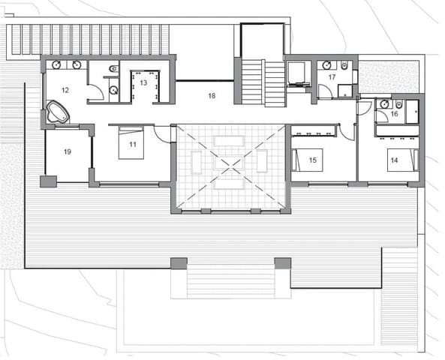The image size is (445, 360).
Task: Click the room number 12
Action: [65, 90]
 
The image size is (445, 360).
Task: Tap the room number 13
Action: [143, 82]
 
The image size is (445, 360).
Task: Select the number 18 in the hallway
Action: [212, 95]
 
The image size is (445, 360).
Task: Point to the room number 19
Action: [68, 151]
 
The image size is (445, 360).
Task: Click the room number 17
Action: [332, 76]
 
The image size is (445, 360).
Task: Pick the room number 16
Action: [394, 114]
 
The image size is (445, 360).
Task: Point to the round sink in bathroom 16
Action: [383, 105]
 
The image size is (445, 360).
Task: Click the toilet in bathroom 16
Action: [400, 103]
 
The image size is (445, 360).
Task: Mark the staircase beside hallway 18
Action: [263, 82]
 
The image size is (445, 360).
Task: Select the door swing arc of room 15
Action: [346, 132]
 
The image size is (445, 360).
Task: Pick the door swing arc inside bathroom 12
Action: [95, 94]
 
